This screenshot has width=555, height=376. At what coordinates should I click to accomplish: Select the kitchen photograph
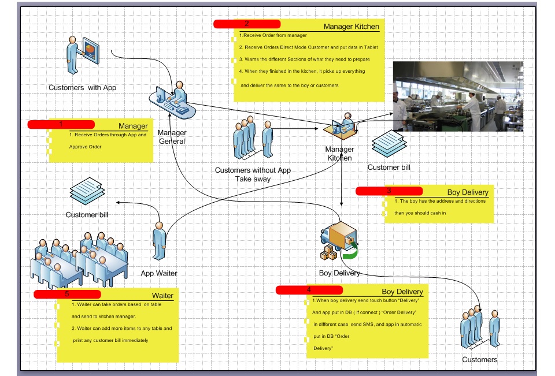457,96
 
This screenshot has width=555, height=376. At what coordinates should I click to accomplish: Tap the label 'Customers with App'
82,88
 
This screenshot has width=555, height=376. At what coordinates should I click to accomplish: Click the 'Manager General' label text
172,137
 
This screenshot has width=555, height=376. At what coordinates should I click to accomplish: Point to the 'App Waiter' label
159,273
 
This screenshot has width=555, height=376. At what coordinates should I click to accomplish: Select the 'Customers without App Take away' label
253,174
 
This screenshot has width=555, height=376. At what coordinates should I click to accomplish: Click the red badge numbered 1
61,124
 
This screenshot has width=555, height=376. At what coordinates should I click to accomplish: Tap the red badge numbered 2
247,24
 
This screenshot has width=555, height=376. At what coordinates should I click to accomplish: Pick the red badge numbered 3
389,191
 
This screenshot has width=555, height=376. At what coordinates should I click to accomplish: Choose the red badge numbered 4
309,289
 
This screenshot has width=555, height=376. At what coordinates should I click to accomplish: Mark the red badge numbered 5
67,294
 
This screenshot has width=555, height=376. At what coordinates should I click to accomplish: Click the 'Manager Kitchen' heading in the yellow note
351,27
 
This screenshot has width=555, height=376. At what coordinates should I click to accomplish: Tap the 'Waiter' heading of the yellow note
162,296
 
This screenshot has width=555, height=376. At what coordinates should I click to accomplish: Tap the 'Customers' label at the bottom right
479,360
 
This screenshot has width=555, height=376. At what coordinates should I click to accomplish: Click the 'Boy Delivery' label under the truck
339,273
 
